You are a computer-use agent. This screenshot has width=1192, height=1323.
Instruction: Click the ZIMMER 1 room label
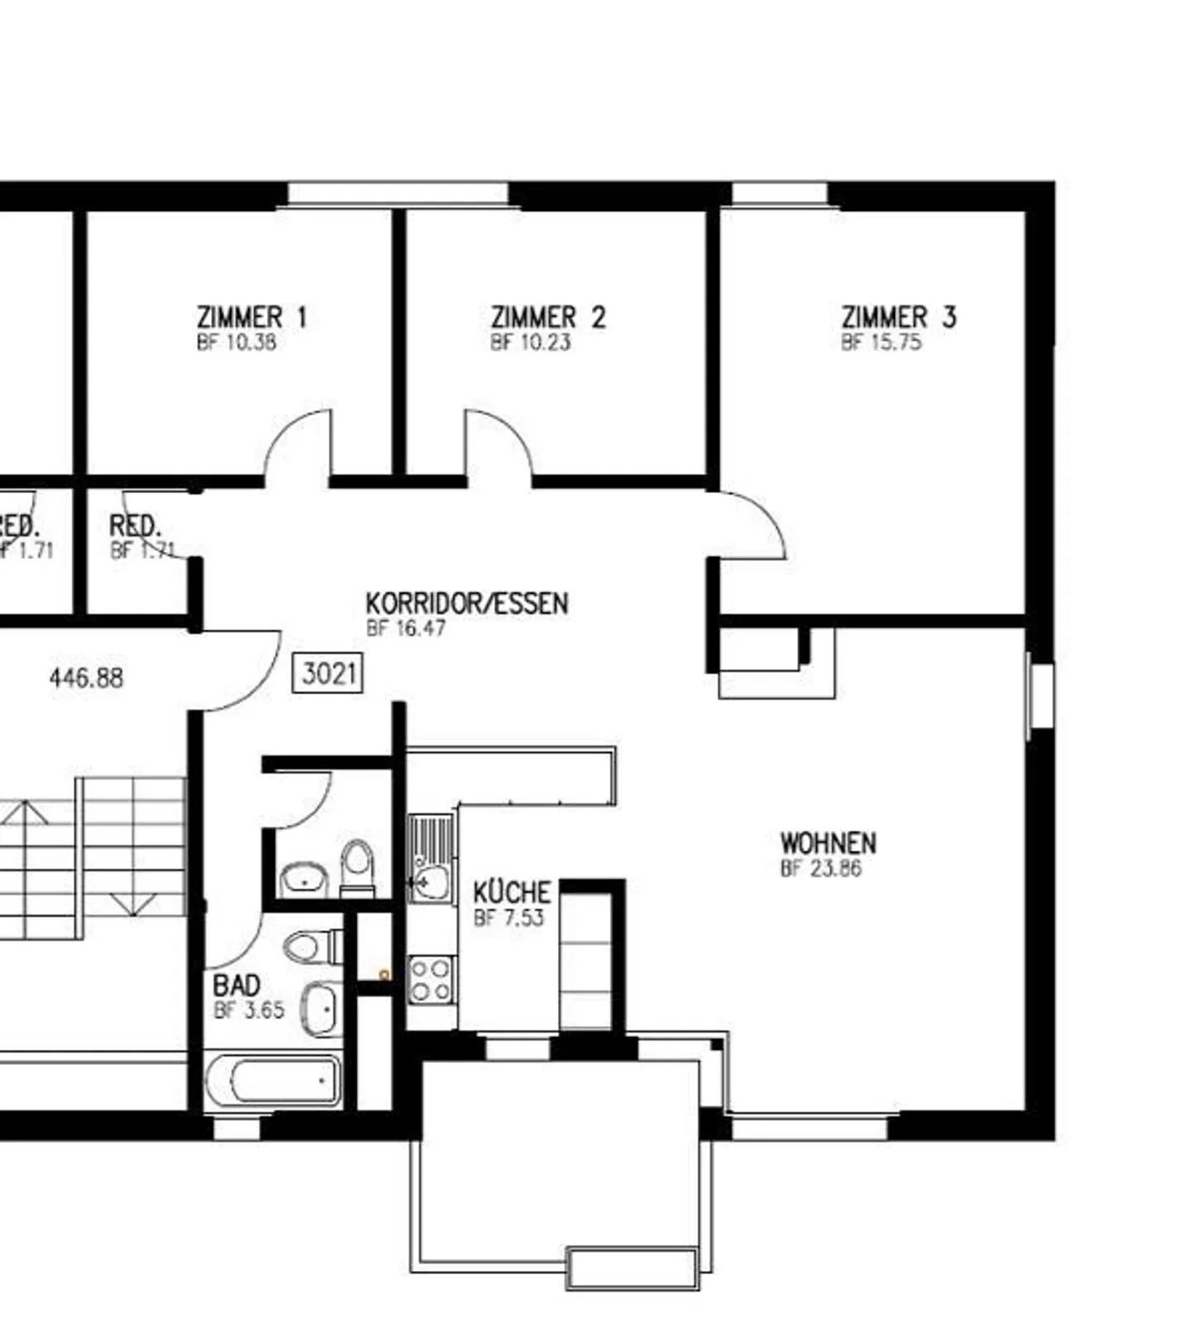tap(252, 317)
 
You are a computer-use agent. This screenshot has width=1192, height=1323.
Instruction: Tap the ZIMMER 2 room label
tap(548, 317)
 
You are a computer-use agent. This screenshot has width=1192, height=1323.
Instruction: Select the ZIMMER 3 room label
tap(898, 317)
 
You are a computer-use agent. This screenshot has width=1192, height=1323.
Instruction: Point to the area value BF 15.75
tap(881, 343)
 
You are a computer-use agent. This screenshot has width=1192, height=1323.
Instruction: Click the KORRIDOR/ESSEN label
tap(467, 603)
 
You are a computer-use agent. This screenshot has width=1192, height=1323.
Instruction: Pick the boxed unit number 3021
tap(328, 673)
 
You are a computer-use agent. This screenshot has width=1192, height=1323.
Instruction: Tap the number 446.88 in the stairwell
tap(86, 678)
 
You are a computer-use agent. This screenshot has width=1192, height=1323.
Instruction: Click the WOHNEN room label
tap(828, 843)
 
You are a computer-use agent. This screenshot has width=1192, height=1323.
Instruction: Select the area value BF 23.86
tap(820, 869)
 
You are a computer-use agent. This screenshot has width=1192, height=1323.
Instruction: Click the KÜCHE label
tap(512, 892)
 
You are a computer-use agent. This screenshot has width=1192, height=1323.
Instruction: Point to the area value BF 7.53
tap(508, 918)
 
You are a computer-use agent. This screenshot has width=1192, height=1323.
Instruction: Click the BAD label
tap(237, 985)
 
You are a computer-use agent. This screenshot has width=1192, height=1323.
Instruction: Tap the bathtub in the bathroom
tap(273, 1081)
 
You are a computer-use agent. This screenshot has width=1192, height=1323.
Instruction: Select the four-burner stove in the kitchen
tap(430, 980)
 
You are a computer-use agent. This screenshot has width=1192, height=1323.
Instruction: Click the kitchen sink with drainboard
tap(430, 856)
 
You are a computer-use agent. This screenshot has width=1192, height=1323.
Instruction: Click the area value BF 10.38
tap(236, 343)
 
